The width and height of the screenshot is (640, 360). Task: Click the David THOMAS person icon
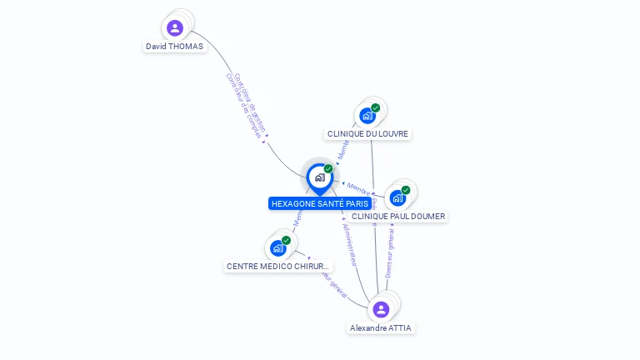click(175, 28)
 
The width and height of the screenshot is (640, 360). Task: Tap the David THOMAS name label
click(174, 47)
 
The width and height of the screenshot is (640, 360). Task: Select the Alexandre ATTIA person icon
click(381, 309)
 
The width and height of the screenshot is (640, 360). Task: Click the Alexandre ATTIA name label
click(381, 328)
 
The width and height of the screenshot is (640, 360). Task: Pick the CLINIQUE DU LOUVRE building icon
click(367, 116)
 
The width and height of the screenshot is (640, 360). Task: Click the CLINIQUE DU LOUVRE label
click(368, 133)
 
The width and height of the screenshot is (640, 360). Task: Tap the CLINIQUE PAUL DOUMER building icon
click(397, 198)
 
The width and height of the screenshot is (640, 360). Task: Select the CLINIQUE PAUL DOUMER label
click(398, 217)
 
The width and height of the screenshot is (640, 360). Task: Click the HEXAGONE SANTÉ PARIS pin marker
click(319, 177)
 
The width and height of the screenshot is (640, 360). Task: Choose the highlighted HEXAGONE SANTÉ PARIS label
click(320, 203)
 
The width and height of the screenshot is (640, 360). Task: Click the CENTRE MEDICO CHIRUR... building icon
click(277, 248)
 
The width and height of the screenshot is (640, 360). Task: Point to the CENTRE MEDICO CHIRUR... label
click(278, 267)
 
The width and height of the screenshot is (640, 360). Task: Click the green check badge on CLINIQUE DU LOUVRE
click(376, 107)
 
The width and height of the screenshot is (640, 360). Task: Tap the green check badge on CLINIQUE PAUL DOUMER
click(406, 190)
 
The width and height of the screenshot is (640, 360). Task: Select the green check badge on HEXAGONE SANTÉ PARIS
click(328, 169)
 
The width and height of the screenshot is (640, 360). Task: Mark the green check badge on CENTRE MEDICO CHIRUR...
click(286, 240)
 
